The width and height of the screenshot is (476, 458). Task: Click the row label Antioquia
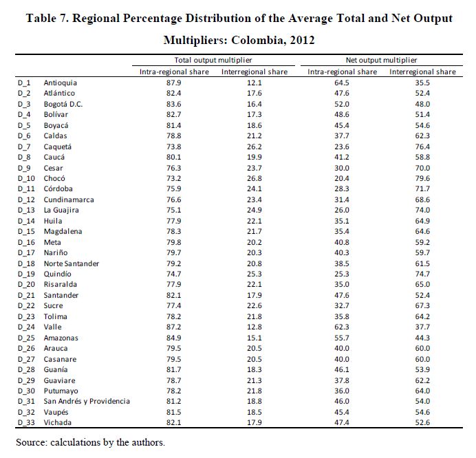coord(60,83)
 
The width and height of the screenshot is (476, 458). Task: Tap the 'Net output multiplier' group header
coord(381,61)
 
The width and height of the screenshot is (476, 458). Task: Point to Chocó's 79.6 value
coord(422,178)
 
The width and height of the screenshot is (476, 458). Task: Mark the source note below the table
coord(90,442)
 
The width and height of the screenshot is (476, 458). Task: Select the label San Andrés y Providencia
coord(87,401)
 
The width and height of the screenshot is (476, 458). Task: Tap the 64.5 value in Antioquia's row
coord(342,83)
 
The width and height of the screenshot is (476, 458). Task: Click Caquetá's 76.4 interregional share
coord(422,146)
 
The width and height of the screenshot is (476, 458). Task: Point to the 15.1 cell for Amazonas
coord(255,338)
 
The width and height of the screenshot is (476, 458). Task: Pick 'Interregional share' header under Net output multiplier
coord(422,72)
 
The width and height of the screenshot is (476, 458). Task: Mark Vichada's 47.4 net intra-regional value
coord(342,422)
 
